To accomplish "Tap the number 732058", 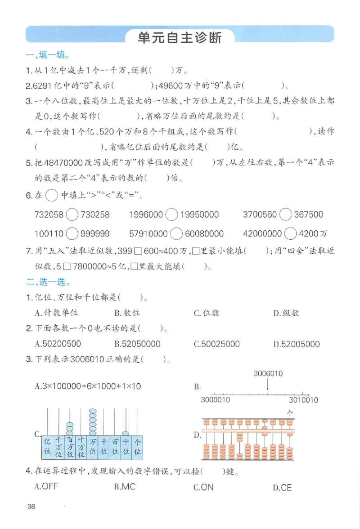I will [x=49, y=215].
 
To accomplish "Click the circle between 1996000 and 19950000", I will [x=171, y=215].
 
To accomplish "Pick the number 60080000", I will [x=204, y=234].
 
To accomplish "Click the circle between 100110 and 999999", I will [x=72, y=234].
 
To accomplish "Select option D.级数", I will [x=286, y=313].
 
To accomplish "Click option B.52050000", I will [x=137, y=344].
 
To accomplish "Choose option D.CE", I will [x=282, y=488].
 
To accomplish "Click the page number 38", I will [x=31, y=507].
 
